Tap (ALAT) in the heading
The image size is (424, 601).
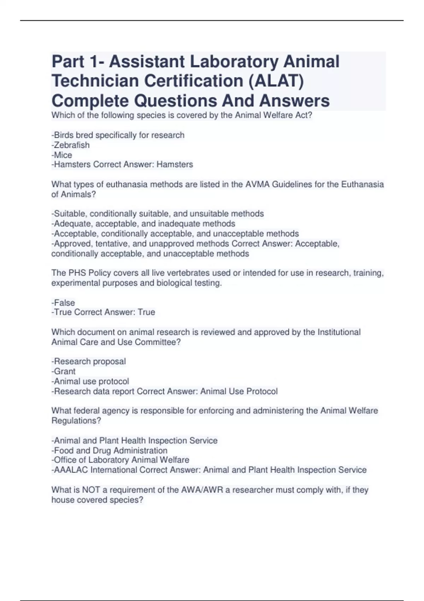[x=276, y=81]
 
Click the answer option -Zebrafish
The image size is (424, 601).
[x=70, y=145]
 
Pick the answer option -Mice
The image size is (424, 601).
[x=62, y=155]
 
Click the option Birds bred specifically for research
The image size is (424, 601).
[x=118, y=135]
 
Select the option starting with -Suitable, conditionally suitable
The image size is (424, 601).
[x=158, y=214]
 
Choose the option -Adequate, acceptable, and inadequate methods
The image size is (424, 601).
[x=143, y=223]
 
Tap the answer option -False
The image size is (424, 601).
[x=63, y=303]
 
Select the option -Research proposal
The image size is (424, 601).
[x=89, y=361]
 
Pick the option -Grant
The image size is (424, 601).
[x=64, y=371]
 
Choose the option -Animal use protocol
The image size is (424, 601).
[x=90, y=381]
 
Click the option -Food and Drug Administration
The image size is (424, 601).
[x=110, y=450]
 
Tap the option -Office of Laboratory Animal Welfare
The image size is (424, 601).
[x=120, y=460]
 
